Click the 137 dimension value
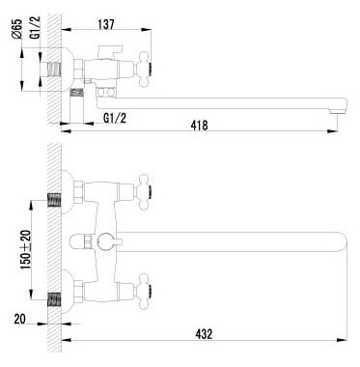(106, 24)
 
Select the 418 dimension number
(199, 125)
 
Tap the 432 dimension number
(204, 334)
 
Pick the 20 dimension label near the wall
(19, 319)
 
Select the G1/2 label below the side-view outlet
(115, 118)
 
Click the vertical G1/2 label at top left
(36, 28)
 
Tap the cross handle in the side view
(144, 69)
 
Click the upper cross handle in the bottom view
(144, 192)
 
